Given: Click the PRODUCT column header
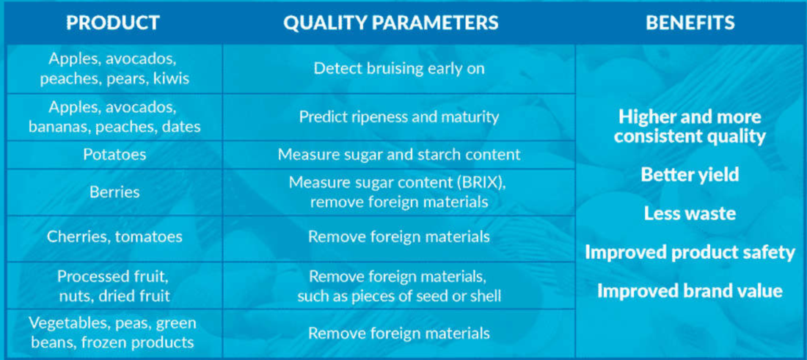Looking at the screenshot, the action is (113, 23).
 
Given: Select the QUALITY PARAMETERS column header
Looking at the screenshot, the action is (390, 23).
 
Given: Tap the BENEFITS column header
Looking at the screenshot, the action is (690, 23).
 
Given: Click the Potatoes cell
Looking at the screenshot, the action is (114, 154).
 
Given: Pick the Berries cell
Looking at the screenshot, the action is (114, 192).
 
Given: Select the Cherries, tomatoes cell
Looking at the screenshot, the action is (114, 237).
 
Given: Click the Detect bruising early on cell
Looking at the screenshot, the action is (399, 68).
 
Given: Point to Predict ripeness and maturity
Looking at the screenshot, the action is (399, 117).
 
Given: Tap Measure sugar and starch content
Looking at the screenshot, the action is (399, 154).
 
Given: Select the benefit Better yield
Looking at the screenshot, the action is (690, 175).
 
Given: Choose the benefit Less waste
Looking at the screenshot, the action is (690, 213).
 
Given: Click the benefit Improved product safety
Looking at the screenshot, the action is (690, 252).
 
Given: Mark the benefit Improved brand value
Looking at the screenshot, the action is (690, 291).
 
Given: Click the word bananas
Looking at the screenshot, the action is (57, 127).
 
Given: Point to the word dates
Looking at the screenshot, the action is (181, 127).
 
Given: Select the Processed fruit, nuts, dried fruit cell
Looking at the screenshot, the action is (114, 285).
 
